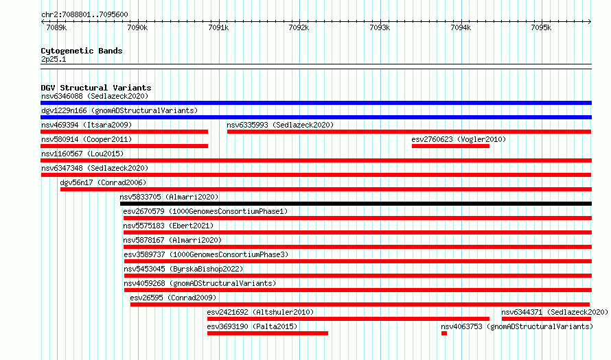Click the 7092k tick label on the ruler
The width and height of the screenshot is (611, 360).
[x=299, y=27]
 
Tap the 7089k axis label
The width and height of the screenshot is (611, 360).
[x=56, y=27]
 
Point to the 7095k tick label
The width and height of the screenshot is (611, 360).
[x=541, y=27]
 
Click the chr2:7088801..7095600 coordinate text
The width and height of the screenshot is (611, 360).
[x=84, y=14]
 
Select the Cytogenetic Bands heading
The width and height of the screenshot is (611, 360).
[x=82, y=51]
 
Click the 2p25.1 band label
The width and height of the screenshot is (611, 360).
[x=54, y=59]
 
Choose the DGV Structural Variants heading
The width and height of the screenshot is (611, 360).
[x=96, y=88]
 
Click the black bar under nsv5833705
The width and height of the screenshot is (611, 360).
[x=356, y=204]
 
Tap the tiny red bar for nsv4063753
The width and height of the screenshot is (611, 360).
[x=443, y=333]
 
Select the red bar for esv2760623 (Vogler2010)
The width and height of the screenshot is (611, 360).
[x=450, y=146]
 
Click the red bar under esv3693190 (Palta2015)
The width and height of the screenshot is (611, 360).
[x=268, y=333]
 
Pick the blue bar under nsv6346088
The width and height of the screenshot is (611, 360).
[x=316, y=103]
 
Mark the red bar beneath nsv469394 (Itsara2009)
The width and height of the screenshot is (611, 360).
[x=124, y=132]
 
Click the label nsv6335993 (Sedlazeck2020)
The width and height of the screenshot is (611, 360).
[x=280, y=125]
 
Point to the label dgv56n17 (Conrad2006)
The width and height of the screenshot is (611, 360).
[x=103, y=182]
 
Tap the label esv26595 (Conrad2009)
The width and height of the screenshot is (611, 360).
[x=173, y=298]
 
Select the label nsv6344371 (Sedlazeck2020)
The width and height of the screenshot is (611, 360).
[x=555, y=312]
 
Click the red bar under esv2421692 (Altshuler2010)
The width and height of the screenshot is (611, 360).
[x=348, y=319]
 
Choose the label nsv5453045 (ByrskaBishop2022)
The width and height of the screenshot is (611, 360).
[x=183, y=269]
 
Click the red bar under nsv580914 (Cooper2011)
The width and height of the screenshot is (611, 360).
[x=124, y=146]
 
